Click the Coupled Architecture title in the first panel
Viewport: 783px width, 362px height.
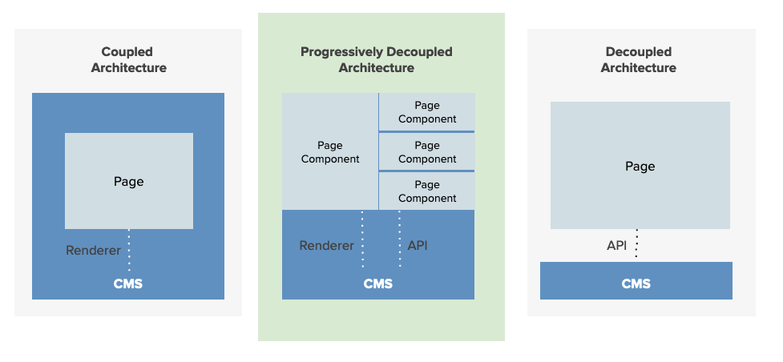(128, 60)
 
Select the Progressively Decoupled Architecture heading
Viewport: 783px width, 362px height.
(376, 60)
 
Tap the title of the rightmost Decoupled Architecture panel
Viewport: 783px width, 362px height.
(638, 60)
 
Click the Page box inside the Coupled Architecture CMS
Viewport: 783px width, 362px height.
(129, 181)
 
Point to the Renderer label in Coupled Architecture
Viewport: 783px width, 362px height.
(93, 251)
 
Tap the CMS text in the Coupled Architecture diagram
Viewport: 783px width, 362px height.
(128, 284)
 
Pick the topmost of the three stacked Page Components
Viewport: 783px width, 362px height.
(427, 112)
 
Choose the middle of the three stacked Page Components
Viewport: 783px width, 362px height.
(427, 152)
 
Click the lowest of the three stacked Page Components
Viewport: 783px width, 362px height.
(427, 191)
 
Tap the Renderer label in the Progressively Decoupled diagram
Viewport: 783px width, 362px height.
(326, 246)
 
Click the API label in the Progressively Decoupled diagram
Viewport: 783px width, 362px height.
(418, 246)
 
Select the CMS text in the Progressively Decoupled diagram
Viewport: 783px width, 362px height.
(377, 284)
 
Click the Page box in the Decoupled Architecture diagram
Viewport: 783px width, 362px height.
(640, 166)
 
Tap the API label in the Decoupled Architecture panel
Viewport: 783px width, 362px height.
(616, 245)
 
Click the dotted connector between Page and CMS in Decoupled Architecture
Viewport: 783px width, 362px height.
(636, 244)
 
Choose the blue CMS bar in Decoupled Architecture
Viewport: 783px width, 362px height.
(636, 281)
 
